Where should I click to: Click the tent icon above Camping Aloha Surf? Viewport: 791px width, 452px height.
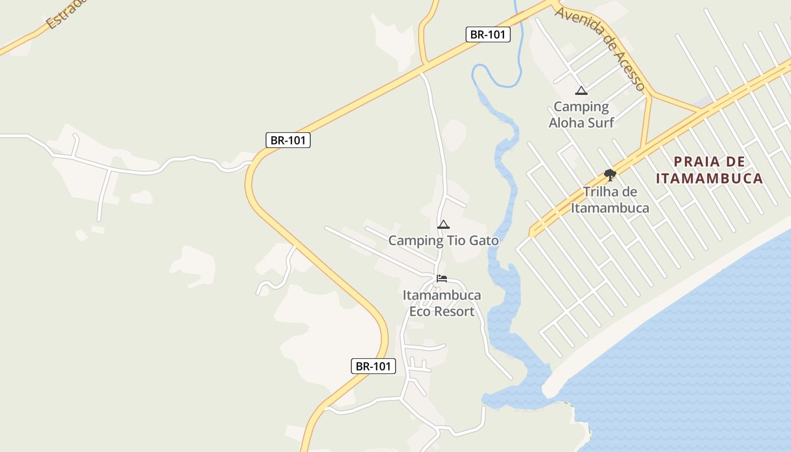pos(581,90)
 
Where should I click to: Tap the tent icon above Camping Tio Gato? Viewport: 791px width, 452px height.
pos(444,225)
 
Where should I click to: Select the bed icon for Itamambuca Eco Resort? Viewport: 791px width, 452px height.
pos(442,279)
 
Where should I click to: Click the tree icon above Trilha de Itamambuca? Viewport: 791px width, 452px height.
pos(610,175)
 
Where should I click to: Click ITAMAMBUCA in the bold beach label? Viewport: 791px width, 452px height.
pos(709,179)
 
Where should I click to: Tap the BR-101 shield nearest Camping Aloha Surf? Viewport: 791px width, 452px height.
pos(488,34)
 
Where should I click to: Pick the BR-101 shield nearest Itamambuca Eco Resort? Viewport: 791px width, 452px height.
pos(373,366)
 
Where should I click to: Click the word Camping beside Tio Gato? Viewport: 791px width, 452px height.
pos(415,241)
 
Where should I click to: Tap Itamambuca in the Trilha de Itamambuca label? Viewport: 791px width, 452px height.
pos(610,208)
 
